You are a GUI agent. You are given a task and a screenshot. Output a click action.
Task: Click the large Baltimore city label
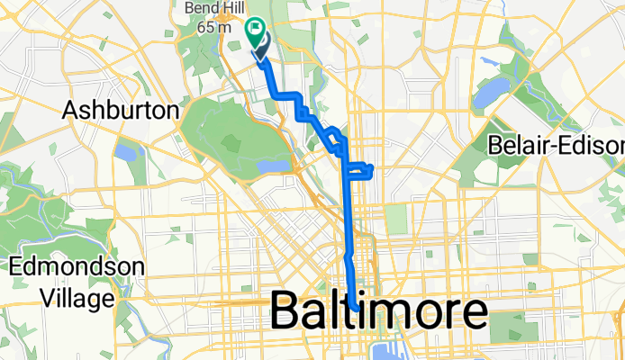378,313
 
